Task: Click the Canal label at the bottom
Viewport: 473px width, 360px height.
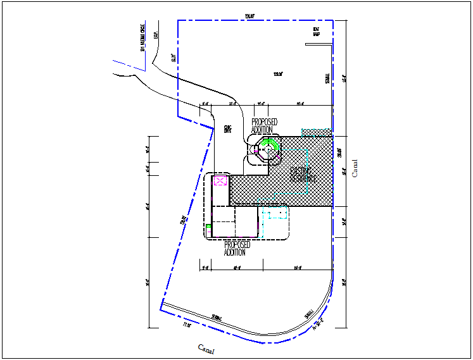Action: (x=206, y=349)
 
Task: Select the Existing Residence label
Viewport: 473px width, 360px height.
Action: (x=303, y=175)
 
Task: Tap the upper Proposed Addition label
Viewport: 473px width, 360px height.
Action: (x=264, y=126)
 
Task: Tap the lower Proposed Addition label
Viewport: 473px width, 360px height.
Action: (x=237, y=248)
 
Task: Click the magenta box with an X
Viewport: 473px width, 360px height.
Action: (x=220, y=181)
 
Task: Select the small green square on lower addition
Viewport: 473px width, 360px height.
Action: (x=208, y=226)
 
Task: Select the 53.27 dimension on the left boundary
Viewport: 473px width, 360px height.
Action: (x=173, y=58)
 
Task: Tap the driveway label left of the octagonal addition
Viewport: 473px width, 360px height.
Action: (x=227, y=129)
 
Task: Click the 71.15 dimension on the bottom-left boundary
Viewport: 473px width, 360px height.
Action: (x=186, y=325)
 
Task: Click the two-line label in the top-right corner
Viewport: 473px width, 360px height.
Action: (x=315, y=31)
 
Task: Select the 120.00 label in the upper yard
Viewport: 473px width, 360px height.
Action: (x=277, y=75)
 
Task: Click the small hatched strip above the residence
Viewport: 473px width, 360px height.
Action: (x=317, y=132)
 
